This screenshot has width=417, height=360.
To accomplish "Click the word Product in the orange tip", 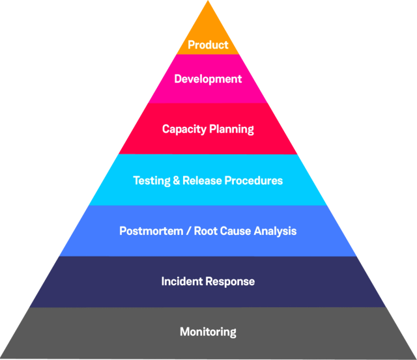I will (208, 45).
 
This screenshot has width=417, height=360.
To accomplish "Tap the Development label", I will (208, 79).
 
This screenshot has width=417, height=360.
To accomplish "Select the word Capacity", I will (184, 129).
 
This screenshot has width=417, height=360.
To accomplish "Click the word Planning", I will (231, 129).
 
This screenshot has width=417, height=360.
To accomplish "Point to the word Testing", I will (151, 180).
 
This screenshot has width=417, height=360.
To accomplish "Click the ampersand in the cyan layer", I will (177, 180).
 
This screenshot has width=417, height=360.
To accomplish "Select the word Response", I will (230, 281).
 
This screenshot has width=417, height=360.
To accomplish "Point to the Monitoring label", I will (208, 332).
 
